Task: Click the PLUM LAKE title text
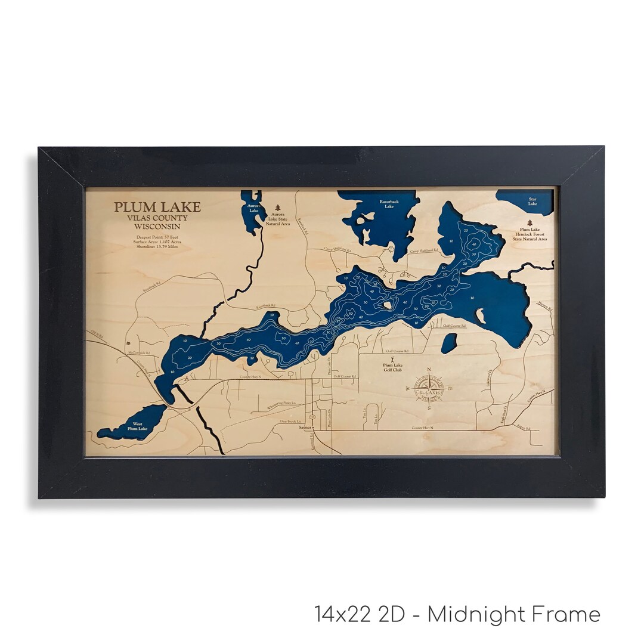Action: pyautogui.click(x=157, y=208)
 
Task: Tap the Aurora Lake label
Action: pyautogui.click(x=254, y=208)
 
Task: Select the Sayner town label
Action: pyautogui.click(x=305, y=428)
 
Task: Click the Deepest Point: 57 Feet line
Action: pyautogui.click(x=157, y=237)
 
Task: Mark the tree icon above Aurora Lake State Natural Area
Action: pyautogui.click(x=277, y=208)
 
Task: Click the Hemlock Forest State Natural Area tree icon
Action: pyautogui.click(x=530, y=222)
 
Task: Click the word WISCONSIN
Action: pyautogui.click(x=157, y=227)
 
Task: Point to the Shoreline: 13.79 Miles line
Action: pyautogui.click(x=157, y=247)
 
